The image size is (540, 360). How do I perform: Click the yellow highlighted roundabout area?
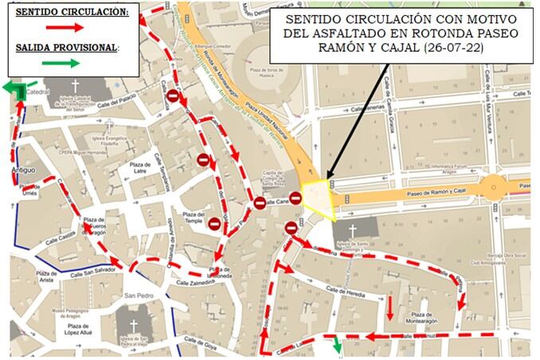[316, 198]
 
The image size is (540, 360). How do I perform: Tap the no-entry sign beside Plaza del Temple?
[214, 222]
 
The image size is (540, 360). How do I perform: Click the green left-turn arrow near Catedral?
[14, 88]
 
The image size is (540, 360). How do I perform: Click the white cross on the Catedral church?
[76, 85]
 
